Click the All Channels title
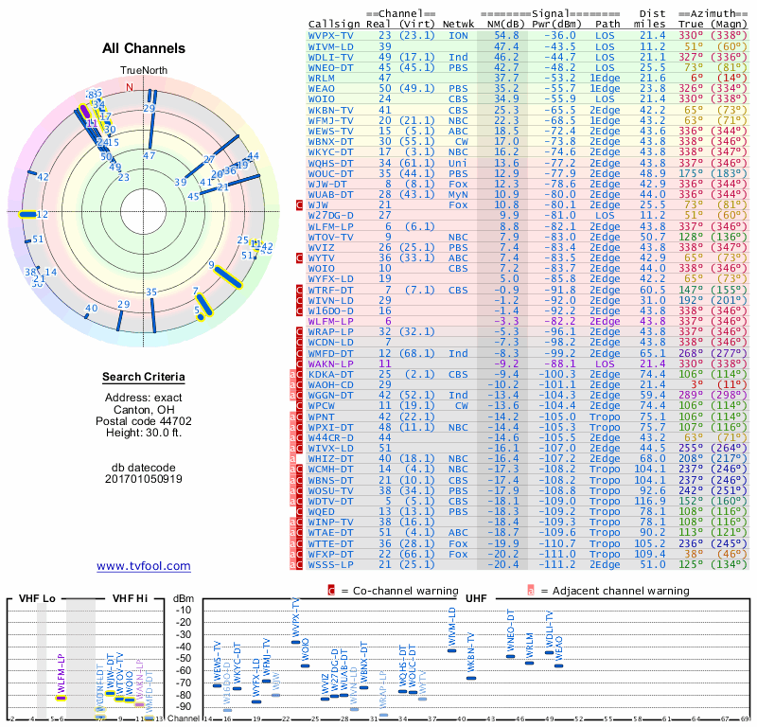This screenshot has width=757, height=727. (143, 48)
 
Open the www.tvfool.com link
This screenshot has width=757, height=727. (143, 566)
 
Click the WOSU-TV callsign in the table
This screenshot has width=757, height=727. (334, 490)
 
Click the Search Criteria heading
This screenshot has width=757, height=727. (143, 378)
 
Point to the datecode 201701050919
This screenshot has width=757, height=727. (143, 479)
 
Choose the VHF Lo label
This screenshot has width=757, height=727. (37, 599)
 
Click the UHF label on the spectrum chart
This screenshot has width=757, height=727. (477, 599)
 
